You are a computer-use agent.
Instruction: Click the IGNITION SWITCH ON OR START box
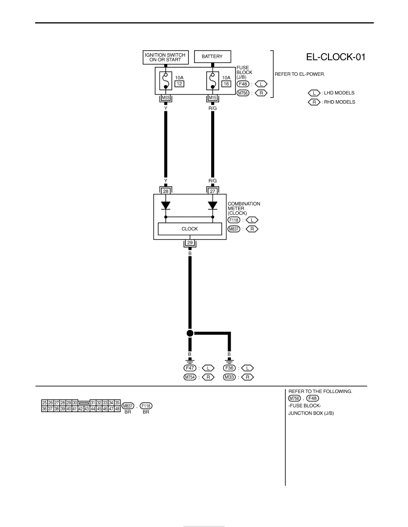tap(166, 57)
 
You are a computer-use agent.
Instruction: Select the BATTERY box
tap(212, 56)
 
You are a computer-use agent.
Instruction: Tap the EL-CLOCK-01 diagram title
tap(336, 57)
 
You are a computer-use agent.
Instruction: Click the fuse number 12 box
tap(180, 84)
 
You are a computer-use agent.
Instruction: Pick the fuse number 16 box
tap(226, 84)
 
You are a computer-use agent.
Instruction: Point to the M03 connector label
tap(166, 98)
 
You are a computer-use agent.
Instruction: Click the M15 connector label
tap(212, 98)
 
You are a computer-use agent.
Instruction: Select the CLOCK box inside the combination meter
tap(190, 229)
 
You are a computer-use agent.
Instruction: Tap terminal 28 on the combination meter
tap(166, 191)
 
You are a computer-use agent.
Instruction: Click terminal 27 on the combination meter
tap(212, 191)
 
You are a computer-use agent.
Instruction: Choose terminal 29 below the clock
tap(190, 243)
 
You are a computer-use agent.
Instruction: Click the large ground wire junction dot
tap(190, 333)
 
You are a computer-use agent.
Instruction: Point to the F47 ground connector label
tap(190, 368)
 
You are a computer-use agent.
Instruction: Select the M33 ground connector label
tap(229, 377)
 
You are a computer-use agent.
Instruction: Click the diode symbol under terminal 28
tap(166, 205)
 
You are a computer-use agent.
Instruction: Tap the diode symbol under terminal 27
tap(212, 205)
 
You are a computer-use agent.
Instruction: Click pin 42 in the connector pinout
tap(81, 409)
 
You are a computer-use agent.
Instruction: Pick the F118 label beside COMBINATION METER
tap(234, 220)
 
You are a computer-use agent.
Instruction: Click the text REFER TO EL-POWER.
tap(300, 74)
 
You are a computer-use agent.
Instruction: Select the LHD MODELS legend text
tap(339, 93)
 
